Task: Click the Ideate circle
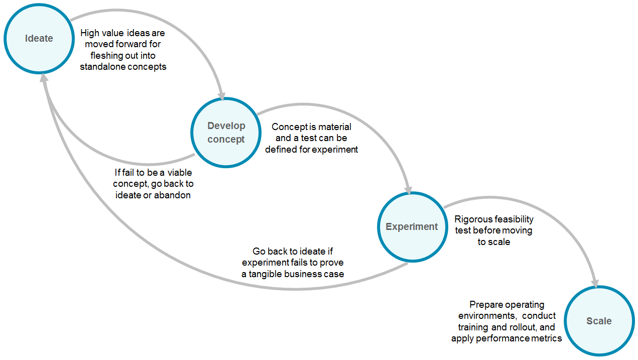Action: [x=39, y=38]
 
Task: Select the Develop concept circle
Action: [x=226, y=133]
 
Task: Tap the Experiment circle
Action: [x=412, y=226]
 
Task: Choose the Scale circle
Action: [x=599, y=321]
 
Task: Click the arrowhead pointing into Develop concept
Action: [x=221, y=94]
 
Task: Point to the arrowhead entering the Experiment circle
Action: [x=410, y=189]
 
